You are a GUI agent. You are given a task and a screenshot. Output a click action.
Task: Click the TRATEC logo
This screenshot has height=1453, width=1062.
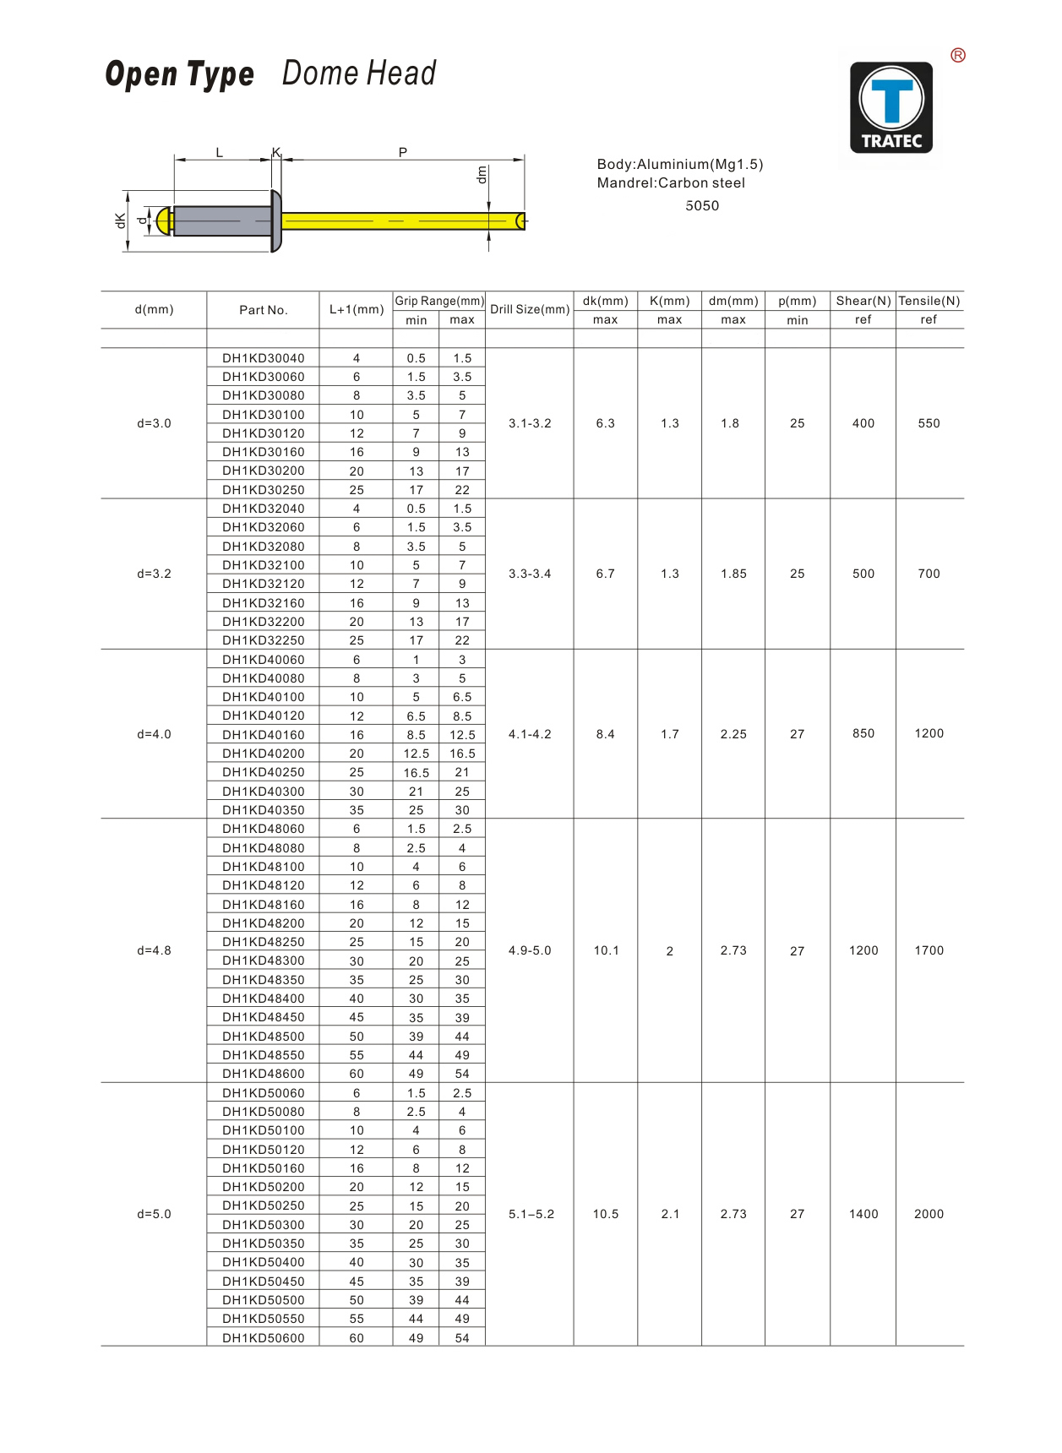[x=890, y=107]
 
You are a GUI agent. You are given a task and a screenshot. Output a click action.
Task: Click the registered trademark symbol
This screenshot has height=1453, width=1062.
[x=957, y=56]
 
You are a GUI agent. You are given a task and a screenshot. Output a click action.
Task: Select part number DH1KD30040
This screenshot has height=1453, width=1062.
[x=264, y=358]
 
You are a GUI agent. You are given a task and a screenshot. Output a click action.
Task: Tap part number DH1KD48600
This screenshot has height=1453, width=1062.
[x=264, y=1074]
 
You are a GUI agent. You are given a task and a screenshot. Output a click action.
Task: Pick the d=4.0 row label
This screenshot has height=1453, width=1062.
[x=154, y=734]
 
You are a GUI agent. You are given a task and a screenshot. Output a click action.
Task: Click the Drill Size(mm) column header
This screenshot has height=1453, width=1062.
[x=530, y=309]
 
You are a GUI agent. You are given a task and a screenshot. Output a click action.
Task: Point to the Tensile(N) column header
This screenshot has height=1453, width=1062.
[x=929, y=301]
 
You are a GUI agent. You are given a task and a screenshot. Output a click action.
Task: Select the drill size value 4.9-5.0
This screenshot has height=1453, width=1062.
[x=530, y=950]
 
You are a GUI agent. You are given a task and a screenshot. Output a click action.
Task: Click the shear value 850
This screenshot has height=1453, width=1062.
[x=863, y=733]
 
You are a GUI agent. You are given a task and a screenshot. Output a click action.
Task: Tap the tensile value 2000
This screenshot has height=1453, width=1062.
[x=929, y=1214]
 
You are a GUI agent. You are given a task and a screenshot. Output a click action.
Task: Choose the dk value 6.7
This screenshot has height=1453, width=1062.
[x=605, y=574]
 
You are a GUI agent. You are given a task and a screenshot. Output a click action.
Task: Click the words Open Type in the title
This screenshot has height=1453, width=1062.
[x=179, y=74]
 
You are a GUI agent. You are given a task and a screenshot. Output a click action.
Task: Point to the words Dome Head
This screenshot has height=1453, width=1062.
[x=359, y=73]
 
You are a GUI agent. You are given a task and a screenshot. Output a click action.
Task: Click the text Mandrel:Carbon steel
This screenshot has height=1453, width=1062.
[x=671, y=183]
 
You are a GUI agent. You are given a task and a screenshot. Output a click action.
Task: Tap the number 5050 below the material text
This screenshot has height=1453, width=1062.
[x=702, y=206]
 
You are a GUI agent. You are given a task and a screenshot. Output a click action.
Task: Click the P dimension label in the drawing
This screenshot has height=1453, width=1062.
[x=403, y=152]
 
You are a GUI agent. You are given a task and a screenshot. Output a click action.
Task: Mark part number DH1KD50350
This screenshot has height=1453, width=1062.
[x=264, y=1243]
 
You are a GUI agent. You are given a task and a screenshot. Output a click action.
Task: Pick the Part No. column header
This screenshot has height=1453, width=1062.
[x=264, y=310]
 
